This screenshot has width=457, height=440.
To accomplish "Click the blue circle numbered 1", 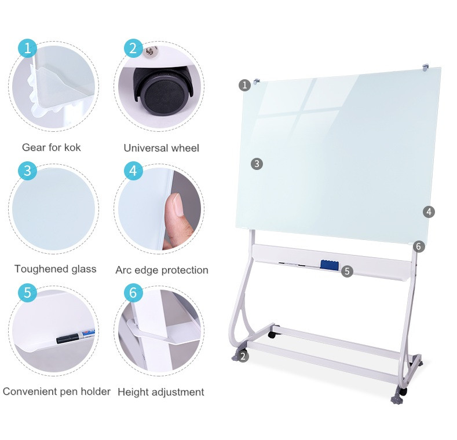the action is (27, 48).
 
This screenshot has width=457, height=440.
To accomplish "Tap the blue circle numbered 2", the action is (133, 48).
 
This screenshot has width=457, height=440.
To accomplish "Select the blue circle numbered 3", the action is (27, 171).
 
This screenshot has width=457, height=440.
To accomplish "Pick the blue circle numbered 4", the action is (133, 171).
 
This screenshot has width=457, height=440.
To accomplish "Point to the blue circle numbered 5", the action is (27, 293).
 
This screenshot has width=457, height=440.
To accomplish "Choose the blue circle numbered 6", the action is (133, 293).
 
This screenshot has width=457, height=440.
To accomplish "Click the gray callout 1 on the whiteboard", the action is (245, 85).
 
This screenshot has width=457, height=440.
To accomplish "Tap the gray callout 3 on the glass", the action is (257, 164).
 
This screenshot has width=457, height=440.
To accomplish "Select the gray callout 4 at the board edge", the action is (429, 212).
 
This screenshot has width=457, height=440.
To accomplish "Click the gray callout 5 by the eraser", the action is (347, 271).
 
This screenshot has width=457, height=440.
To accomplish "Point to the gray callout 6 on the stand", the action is (419, 247).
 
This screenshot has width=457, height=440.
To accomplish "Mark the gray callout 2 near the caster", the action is (243, 356).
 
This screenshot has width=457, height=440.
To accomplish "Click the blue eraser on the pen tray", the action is (330, 265).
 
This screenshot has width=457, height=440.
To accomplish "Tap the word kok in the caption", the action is (72, 147).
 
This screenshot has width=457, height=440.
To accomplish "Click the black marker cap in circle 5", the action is (67, 339).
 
